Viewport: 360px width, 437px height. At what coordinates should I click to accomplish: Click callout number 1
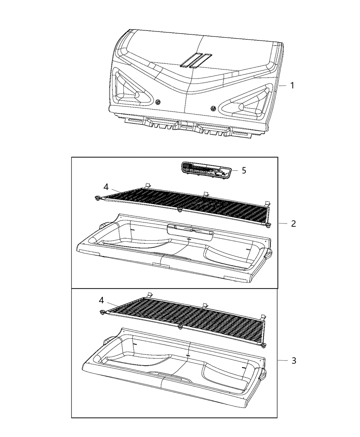pyautogui.click(x=292, y=85)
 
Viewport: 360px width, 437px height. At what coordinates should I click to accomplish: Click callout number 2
pyautogui.click(x=293, y=223)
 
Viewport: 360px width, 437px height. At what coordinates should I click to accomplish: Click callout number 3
pyautogui.click(x=293, y=361)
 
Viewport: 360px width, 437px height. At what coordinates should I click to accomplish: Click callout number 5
pyautogui.click(x=244, y=170)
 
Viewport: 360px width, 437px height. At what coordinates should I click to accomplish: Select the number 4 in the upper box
pyautogui.click(x=106, y=187)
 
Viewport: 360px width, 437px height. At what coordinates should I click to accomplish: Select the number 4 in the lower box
pyautogui.click(x=101, y=300)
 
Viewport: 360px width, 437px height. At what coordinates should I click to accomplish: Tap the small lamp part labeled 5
pyautogui.click(x=205, y=170)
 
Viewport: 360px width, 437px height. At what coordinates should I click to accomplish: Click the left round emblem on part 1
pyautogui.click(x=158, y=102)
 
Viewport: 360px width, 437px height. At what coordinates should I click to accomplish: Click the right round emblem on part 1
pyautogui.click(x=213, y=108)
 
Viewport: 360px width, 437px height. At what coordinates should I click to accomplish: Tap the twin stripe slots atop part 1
pyautogui.click(x=196, y=60)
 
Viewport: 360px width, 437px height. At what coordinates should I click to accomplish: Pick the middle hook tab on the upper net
pyautogui.click(x=205, y=194)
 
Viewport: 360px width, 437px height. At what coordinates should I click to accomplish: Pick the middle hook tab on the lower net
pyautogui.click(x=205, y=305)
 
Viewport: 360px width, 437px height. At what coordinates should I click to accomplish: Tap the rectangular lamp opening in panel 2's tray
pyautogui.click(x=190, y=230)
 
